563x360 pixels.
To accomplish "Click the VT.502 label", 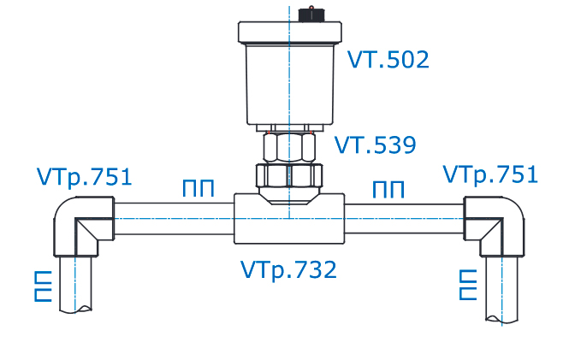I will [x=388, y=60].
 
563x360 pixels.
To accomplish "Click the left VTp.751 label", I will [x=85, y=177].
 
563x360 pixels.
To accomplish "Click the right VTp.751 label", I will [x=490, y=174].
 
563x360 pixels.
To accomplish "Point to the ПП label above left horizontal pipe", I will [x=198, y=189].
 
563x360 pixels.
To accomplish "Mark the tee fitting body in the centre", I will [x=289, y=219].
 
